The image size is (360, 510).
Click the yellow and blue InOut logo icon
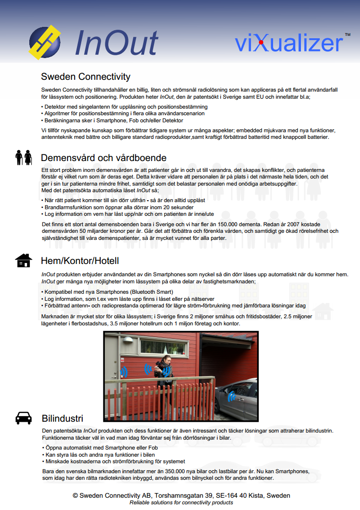coord(45,42)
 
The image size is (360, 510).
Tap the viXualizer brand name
coord(289,43)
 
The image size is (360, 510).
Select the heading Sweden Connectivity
coord(86,76)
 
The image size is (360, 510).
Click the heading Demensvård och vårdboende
coord(103,157)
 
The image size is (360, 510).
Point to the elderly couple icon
coord(24,157)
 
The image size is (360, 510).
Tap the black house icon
coord(24,260)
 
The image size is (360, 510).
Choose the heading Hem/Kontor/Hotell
coord(80,261)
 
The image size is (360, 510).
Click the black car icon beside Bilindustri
coord(24,418)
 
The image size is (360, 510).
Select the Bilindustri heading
coord(62,418)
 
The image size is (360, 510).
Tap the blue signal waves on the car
coord(231,397)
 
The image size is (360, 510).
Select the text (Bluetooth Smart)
coord(152,292)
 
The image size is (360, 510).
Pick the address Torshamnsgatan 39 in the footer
coord(183,495)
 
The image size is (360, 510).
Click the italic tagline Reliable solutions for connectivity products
coord(181,502)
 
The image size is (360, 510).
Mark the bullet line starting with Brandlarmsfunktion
coord(119,207)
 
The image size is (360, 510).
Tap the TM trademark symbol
coord(347,35)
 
